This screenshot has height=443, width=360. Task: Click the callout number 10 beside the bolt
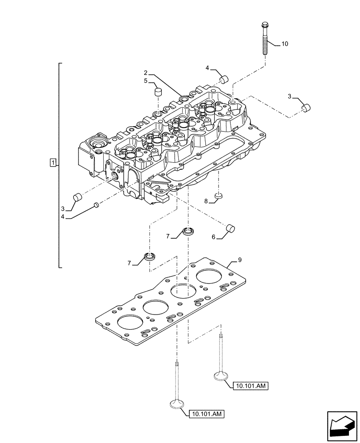[x=285, y=44]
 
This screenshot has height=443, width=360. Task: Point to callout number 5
[x=145, y=81]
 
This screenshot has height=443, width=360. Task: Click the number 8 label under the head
[x=206, y=201]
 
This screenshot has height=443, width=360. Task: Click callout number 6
[x=213, y=237]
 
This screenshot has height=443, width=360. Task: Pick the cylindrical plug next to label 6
[x=230, y=229]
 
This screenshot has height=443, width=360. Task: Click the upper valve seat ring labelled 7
[x=189, y=231]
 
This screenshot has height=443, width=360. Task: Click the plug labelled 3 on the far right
[x=305, y=107]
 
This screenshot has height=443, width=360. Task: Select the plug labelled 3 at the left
[x=78, y=197]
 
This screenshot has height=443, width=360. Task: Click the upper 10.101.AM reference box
[x=250, y=386]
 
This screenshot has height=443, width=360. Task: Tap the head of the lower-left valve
[x=176, y=404]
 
